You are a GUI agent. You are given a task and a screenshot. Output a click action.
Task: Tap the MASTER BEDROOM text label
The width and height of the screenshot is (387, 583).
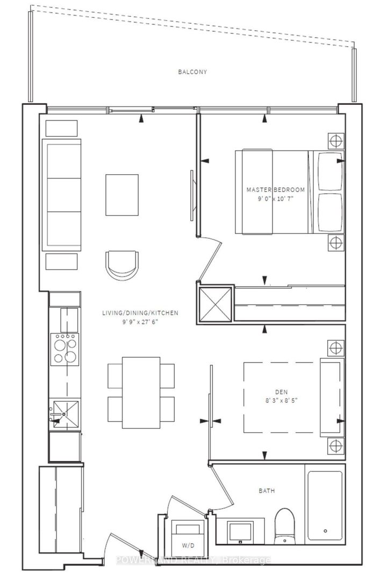pos(275,190)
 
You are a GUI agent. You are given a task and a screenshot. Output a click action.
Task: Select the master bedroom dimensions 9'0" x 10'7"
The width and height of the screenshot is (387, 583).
pos(275,198)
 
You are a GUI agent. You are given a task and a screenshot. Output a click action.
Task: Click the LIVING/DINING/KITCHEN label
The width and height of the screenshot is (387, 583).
pos(140,312)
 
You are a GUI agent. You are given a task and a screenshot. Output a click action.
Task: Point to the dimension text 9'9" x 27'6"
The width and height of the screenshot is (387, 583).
pos(140,321)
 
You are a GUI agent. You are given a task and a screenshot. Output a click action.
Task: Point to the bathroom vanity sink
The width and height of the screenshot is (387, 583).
pos(237,529)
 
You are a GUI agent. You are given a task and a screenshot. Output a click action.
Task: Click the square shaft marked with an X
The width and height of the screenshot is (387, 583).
pos(215,305)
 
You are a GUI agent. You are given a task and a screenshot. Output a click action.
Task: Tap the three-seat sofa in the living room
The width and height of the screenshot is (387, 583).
pos(63,195)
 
